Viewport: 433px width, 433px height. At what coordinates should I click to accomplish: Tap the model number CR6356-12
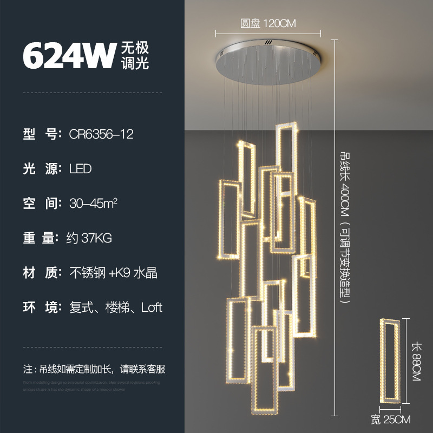point(101,134)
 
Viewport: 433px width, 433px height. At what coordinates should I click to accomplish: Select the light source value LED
point(81,168)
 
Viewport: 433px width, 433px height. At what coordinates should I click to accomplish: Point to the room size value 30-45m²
point(94,203)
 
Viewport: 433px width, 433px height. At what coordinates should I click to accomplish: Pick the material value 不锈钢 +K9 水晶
point(113,273)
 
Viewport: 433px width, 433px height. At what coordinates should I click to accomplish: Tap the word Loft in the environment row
point(152,307)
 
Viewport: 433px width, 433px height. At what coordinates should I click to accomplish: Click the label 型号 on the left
point(41,134)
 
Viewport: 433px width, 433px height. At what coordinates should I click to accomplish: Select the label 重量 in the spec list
point(41,238)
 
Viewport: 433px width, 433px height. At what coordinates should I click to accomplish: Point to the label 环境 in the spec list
point(41,307)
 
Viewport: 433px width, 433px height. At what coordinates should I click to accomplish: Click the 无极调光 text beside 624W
point(134,56)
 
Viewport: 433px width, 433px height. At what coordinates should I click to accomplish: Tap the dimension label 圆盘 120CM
point(268,24)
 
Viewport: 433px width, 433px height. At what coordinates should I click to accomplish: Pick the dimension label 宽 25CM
point(390,419)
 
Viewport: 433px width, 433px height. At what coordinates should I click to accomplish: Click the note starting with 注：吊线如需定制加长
point(94,370)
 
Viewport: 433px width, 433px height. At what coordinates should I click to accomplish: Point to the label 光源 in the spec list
point(41,168)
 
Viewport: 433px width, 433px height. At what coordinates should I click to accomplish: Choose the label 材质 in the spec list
point(41,273)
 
